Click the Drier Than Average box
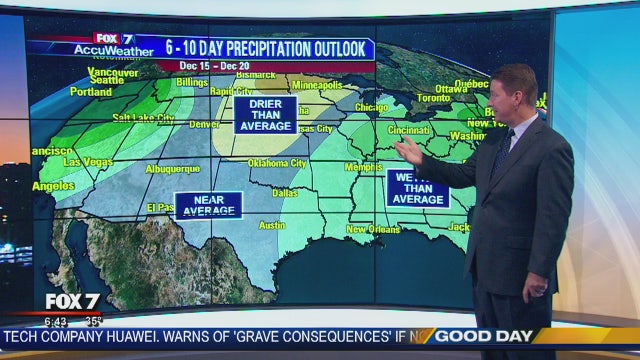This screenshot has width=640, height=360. tap(265, 115)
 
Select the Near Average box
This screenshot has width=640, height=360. tap(208, 205)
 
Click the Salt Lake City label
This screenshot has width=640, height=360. tap(144, 118)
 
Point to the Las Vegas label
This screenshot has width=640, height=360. tap(87, 161)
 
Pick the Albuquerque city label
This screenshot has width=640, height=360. tap(174, 169)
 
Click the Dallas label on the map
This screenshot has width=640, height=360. tap(285, 192)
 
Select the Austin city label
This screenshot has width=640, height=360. tap(272, 225)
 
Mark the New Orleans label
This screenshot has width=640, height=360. tap(374, 230)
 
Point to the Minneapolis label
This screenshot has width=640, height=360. tap(316, 85)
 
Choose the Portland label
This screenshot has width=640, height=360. tap(92, 92)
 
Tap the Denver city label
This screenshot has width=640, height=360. tap(204, 125)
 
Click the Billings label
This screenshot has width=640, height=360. tap(191, 82)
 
